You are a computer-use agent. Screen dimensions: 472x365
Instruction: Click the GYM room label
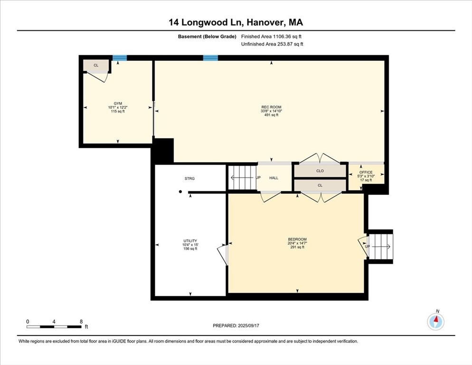pyautogui.click(x=118, y=104)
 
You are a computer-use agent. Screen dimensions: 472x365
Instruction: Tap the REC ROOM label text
pyautogui.click(x=271, y=107)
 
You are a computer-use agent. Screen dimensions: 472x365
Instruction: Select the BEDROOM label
pyautogui.click(x=297, y=240)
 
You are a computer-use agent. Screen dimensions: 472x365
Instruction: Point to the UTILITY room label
pyautogui.click(x=190, y=241)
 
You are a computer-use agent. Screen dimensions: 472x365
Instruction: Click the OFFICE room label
pyautogui.click(x=366, y=172)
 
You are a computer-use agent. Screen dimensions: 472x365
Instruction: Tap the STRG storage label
pyautogui.click(x=189, y=178)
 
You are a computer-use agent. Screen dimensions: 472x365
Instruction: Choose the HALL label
pyautogui.click(x=274, y=178)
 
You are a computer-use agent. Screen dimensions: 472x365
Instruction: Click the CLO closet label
pyautogui.click(x=320, y=171)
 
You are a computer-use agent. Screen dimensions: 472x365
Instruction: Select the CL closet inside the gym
pyautogui.click(x=96, y=66)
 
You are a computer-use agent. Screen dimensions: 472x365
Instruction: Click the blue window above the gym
pyautogui.click(x=120, y=58)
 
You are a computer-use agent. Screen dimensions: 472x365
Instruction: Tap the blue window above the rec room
pyautogui.click(x=210, y=58)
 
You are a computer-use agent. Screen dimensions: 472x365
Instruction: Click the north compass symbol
pyautogui.click(x=435, y=321)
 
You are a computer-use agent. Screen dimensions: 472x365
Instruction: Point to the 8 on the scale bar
pyautogui.click(x=81, y=322)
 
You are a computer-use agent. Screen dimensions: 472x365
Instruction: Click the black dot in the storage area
pyautogui.click(x=180, y=192)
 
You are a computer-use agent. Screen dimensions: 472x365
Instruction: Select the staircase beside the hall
pyautogui.click(x=242, y=178)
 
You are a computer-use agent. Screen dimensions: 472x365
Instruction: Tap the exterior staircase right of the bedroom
pyautogui.click(x=381, y=247)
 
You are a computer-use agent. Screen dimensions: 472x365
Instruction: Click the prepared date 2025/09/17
pyautogui.click(x=248, y=326)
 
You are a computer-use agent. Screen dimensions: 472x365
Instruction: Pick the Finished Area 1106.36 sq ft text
pyautogui.click(x=271, y=37)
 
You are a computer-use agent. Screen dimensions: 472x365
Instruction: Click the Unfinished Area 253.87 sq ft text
pyautogui.click(x=272, y=44)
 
